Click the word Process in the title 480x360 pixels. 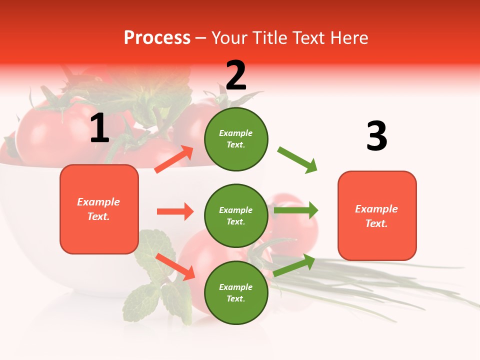pos(156,38)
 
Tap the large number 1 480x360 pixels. pos(99,128)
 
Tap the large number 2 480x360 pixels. pos(236,75)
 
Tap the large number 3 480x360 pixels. pos(376,136)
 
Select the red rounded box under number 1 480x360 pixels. pos(99,209)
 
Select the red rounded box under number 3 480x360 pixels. pos(377,216)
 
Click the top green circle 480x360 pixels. pos(236,139)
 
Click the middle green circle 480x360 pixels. pos(236,216)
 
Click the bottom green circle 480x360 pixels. pos(236,293)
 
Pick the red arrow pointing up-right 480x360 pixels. pos(174,159)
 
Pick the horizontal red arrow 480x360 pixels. pos(175,211)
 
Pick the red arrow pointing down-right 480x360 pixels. pos(175,266)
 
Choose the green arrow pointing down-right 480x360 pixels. pos(297,160)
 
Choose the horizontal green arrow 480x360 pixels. pos(296,210)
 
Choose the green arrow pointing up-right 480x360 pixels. pos(294,265)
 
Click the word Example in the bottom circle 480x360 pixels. pos(236,287)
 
